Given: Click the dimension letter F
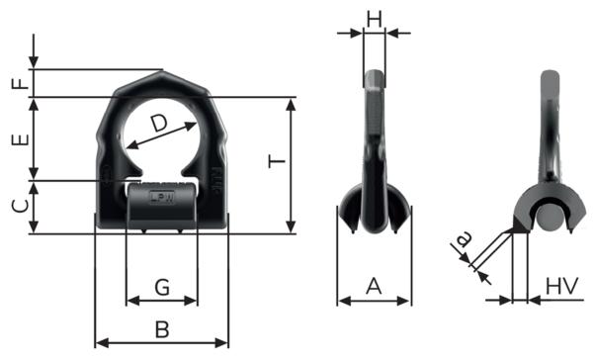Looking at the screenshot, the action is tap(21, 83).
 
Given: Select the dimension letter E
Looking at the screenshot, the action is tap(21, 140).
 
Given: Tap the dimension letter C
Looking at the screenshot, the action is tap(21, 206).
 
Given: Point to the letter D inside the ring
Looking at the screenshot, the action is tap(159, 124).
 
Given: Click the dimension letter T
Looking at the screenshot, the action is tap(277, 161).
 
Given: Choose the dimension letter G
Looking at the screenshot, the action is tap(162, 288).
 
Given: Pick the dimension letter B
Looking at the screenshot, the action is tap(162, 329).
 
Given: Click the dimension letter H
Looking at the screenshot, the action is tap(375, 19).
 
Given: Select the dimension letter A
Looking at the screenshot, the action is tap(374, 286).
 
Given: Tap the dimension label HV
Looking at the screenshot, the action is tap(562, 286).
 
